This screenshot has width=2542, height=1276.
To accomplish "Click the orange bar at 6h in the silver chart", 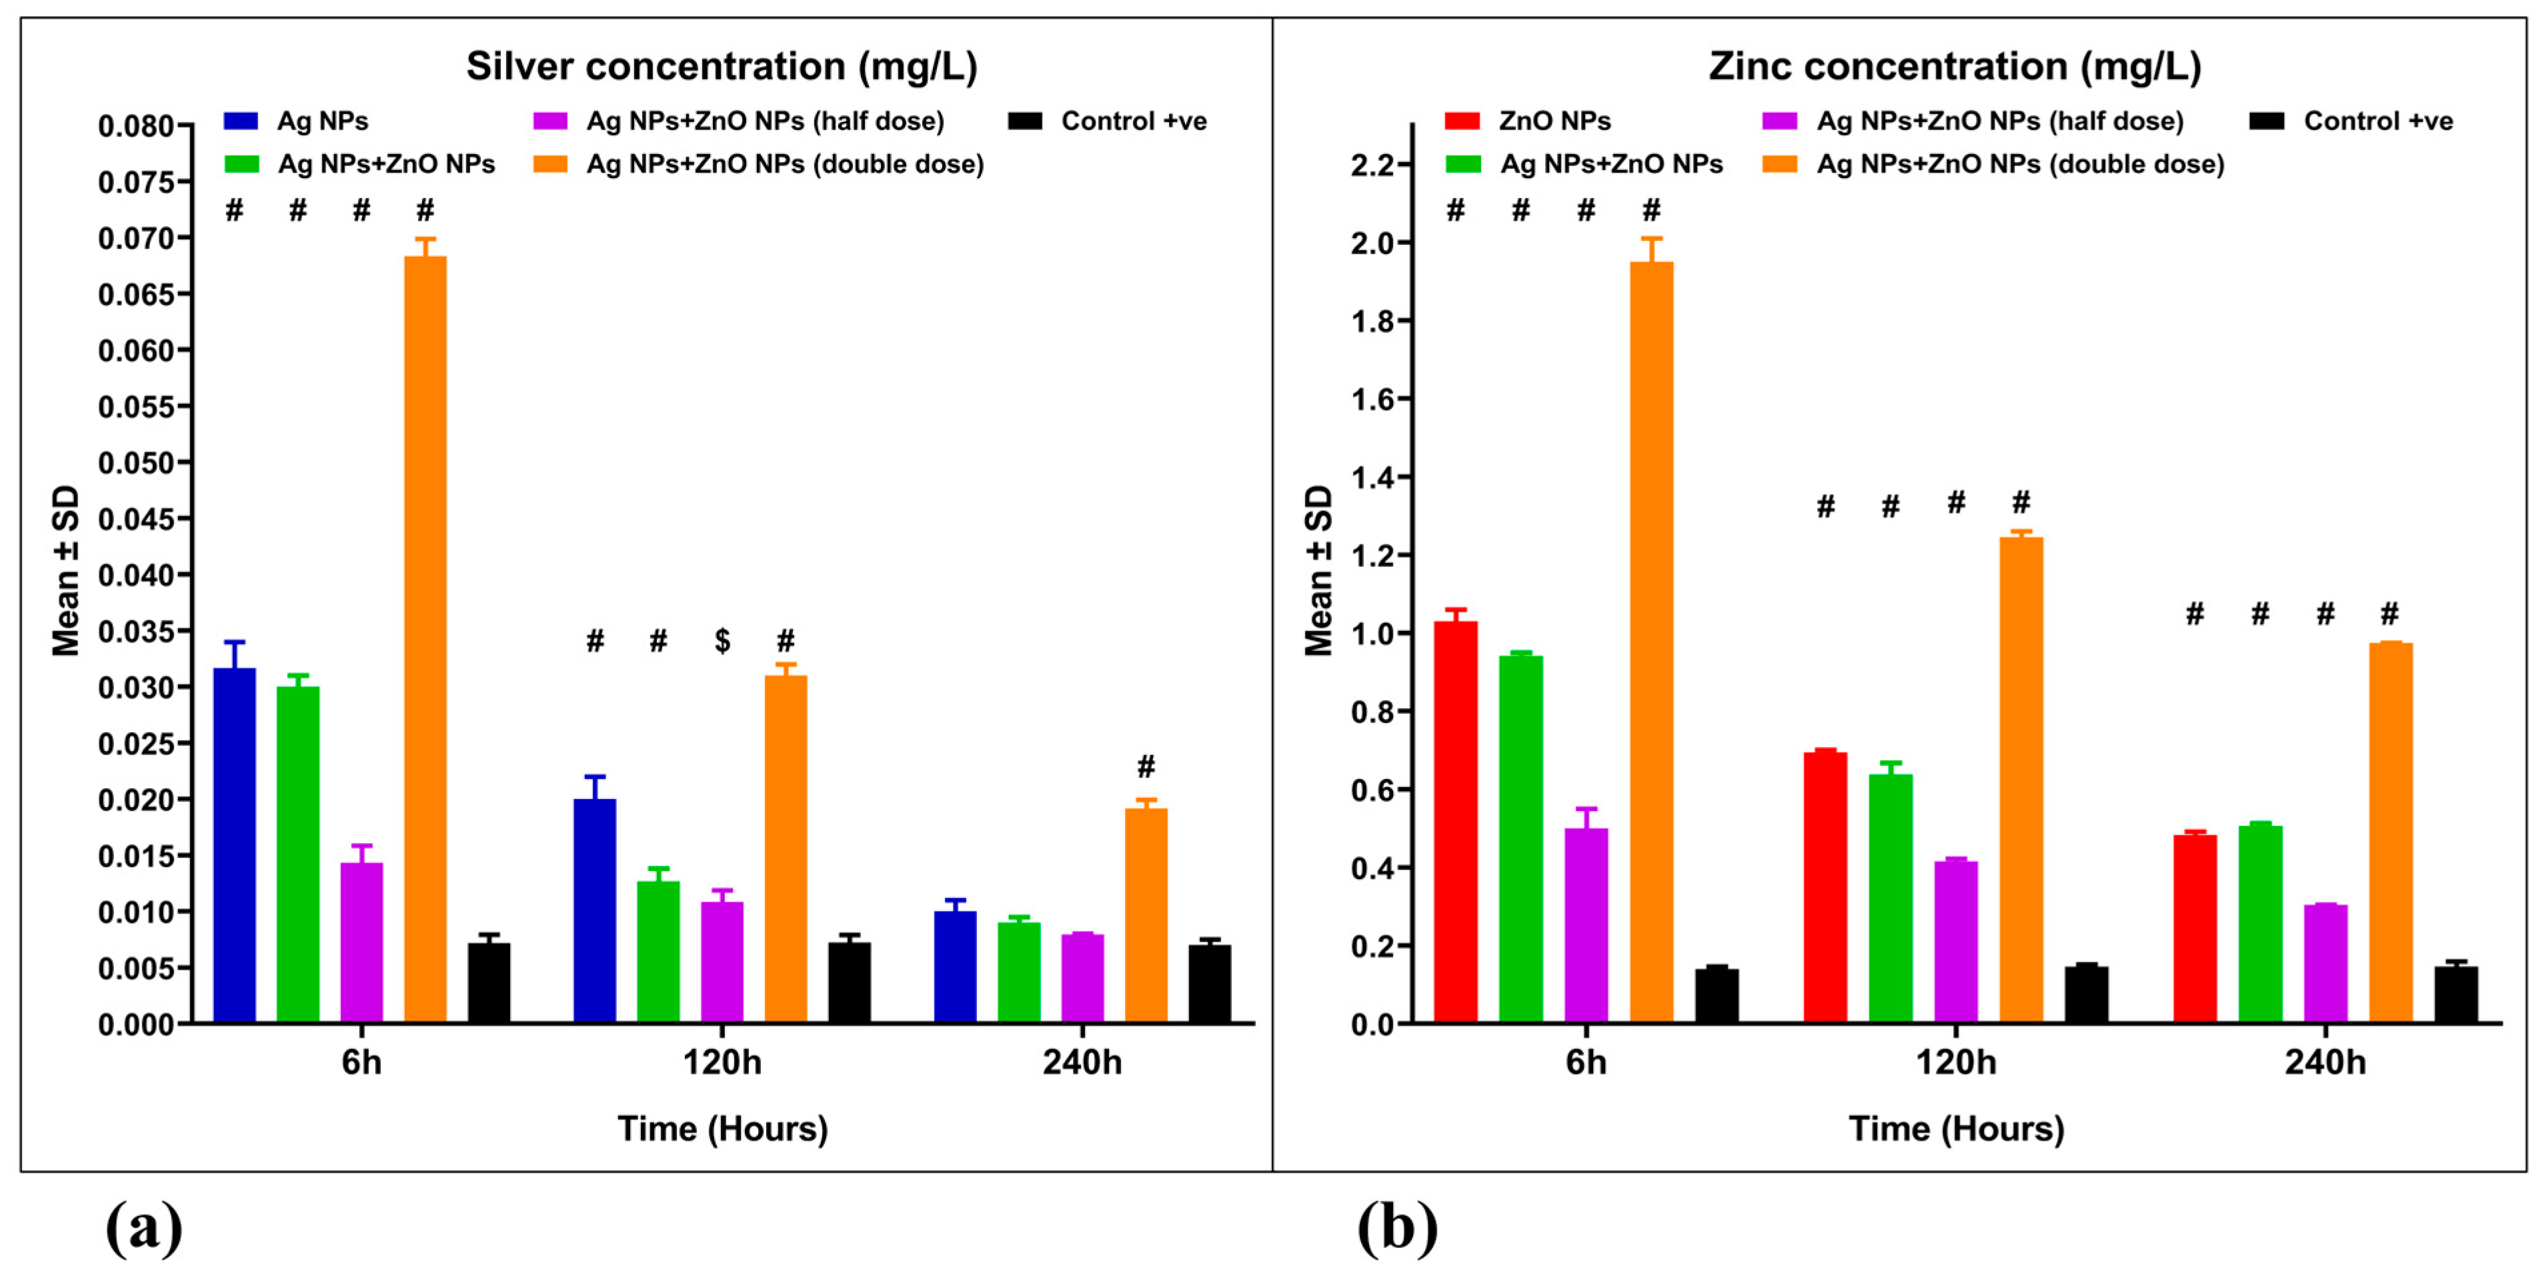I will [425, 642].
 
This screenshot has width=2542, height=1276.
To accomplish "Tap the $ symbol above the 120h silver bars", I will [722, 642].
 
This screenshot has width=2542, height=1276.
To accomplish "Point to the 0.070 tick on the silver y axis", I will [135, 239].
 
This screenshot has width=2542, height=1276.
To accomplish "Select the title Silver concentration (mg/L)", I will [722, 66].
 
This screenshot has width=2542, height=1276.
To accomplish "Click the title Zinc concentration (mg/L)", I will [1955, 66].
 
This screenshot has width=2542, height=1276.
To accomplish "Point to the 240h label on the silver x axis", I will [1082, 1063].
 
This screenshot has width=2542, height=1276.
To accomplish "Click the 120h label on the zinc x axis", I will [1955, 1063].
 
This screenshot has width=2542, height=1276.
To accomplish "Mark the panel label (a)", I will [144, 1228].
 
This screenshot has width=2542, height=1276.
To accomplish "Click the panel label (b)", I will [1396, 1228].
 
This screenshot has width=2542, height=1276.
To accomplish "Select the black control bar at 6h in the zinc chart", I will [1717, 996].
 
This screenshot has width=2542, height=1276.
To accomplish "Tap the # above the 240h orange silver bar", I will [1146, 766].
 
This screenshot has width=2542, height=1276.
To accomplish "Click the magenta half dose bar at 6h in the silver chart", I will [361, 942].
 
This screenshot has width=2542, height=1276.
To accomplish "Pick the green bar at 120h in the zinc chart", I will [1890, 898].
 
